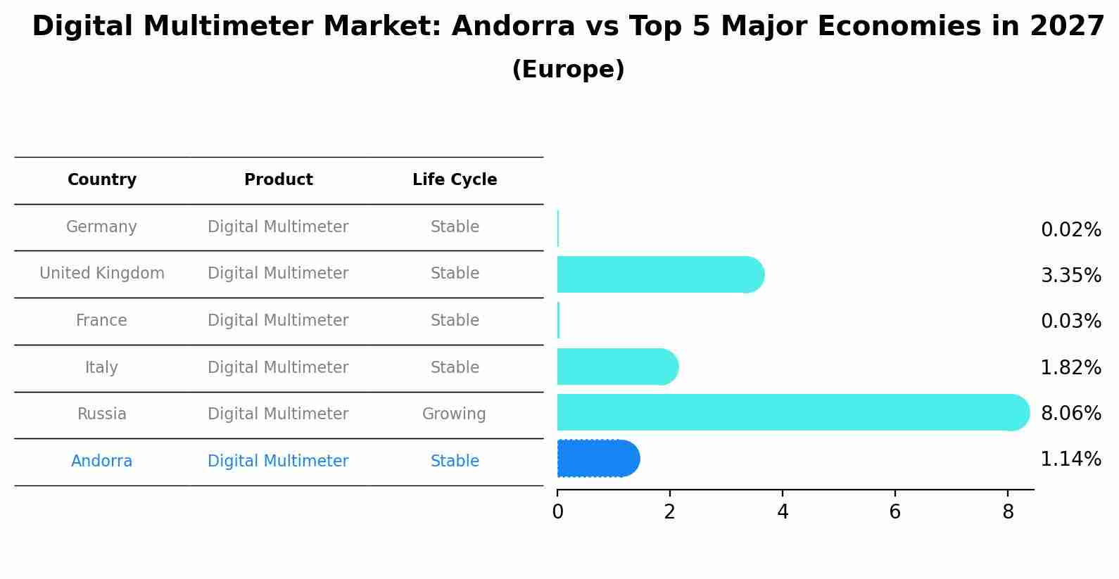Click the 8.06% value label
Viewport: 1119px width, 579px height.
click(x=1070, y=413)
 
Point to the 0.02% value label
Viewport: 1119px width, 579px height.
click(x=1070, y=230)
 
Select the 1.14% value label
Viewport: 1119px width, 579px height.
click(x=1070, y=459)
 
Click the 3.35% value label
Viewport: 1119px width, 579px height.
click(x=1070, y=276)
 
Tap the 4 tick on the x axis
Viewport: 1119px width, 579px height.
click(x=783, y=512)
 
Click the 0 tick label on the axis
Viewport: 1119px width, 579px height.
click(x=557, y=512)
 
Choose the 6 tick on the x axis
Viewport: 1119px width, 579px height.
click(x=895, y=512)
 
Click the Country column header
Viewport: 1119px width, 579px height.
click(x=102, y=180)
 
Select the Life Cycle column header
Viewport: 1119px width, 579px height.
click(x=455, y=180)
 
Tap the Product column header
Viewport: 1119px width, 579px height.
click(x=278, y=180)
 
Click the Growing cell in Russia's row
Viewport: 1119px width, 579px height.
click(x=454, y=414)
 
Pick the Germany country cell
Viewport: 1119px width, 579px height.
click(x=101, y=227)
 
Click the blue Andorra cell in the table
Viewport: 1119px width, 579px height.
click(x=101, y=462)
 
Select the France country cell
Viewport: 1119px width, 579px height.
click(x=101, y=321)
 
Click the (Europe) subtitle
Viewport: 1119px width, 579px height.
click(x=568, y=70)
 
